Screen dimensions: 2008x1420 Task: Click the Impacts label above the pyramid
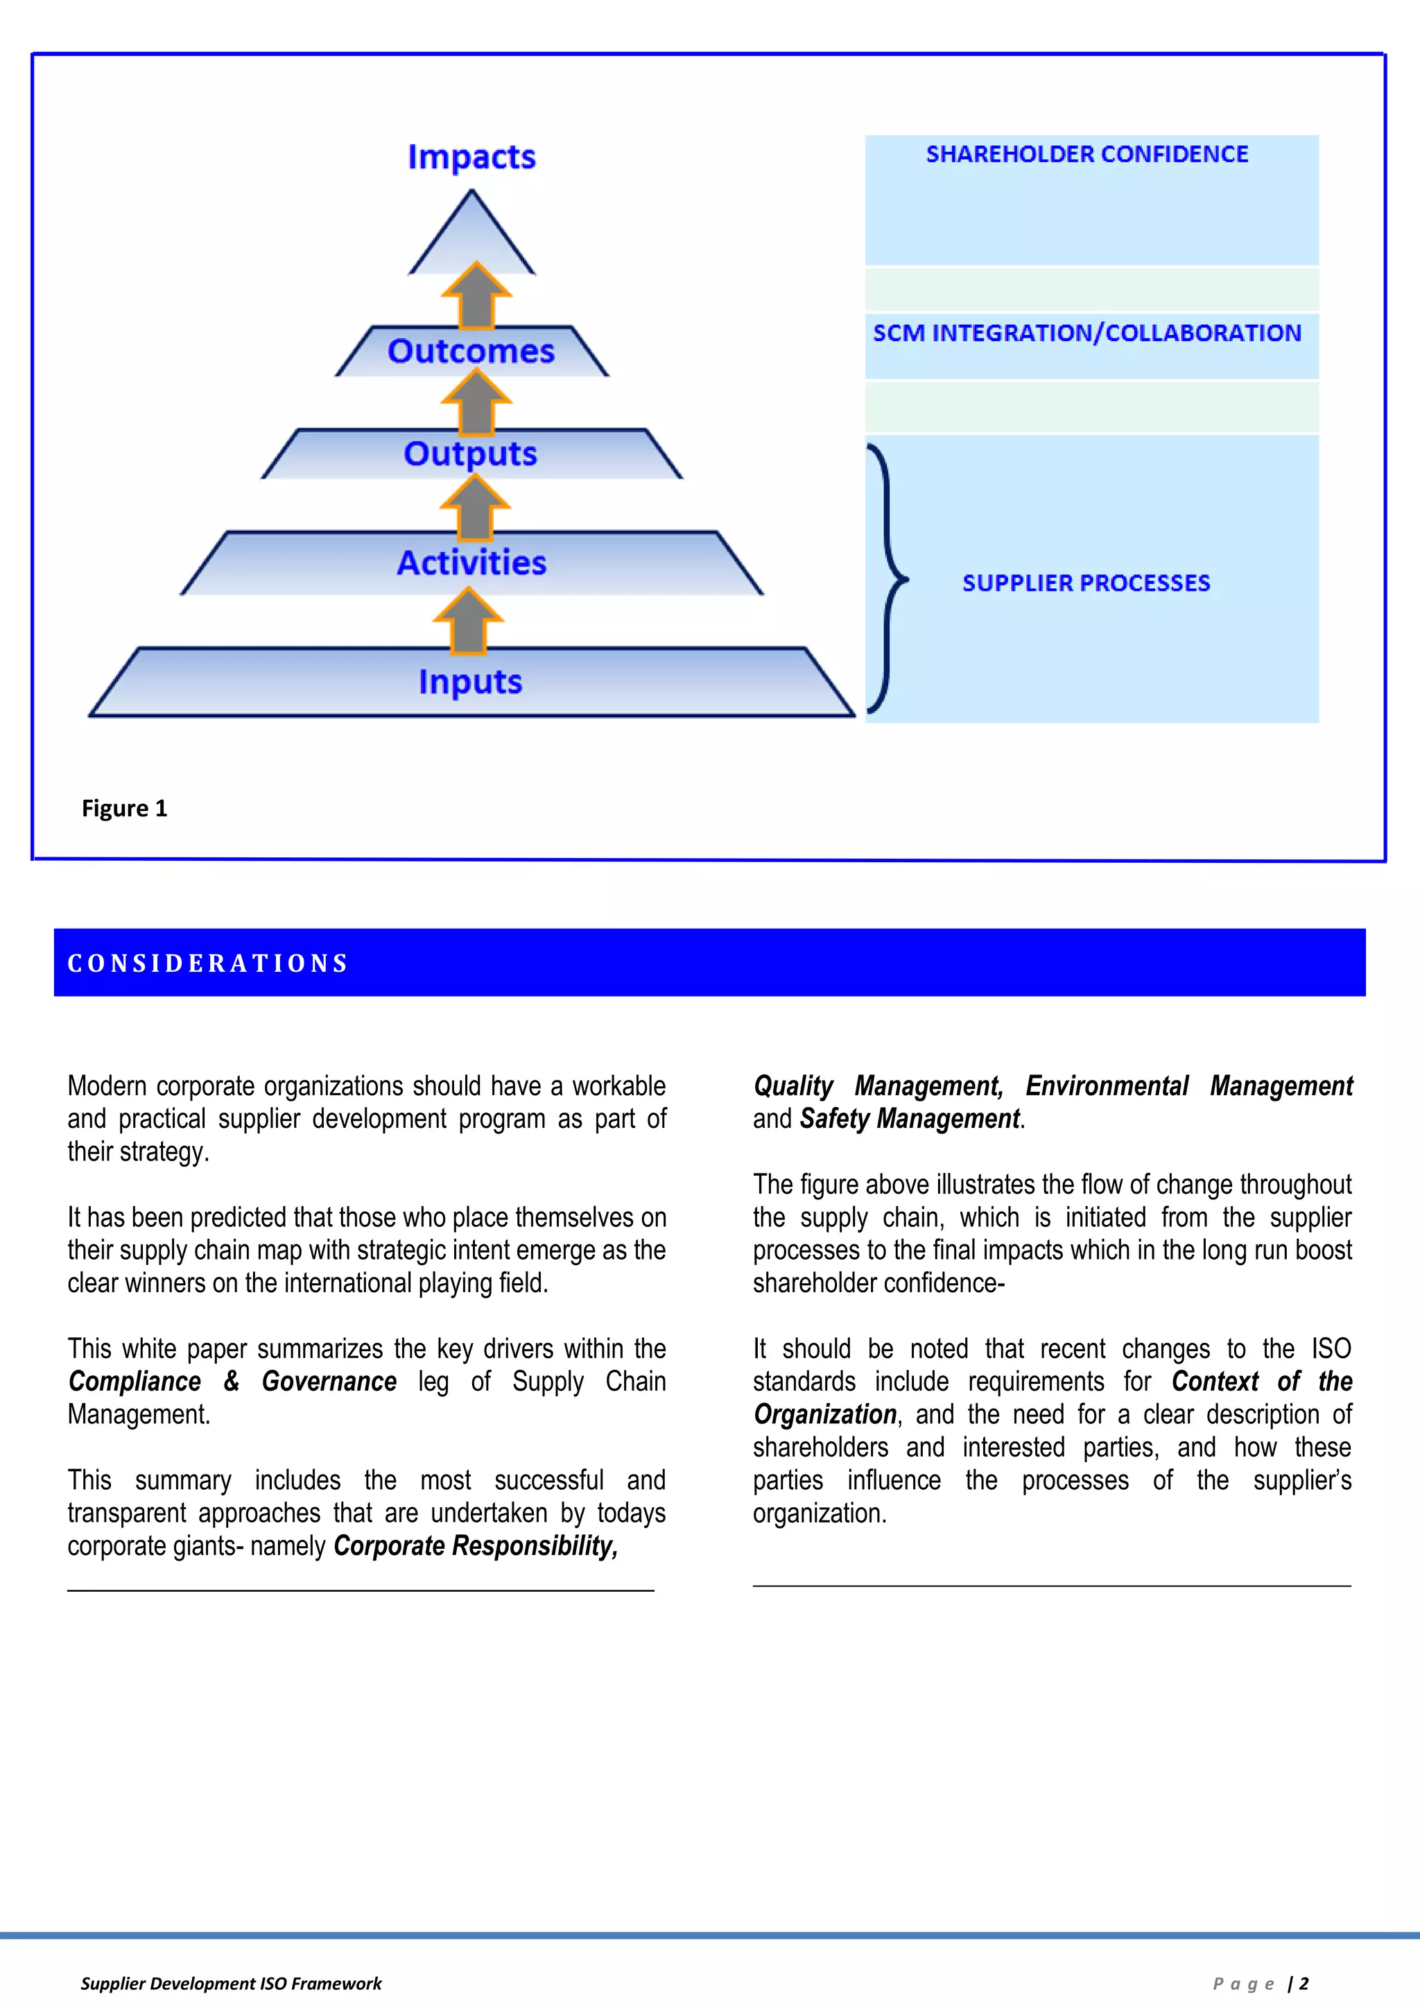(x=471, y=157)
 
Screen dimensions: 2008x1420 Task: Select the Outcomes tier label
(x=471, y=352)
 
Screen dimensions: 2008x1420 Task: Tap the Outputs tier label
(x=470, y=454)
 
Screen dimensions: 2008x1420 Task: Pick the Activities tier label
(x=471, y=563)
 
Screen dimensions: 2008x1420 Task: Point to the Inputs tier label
(x=470, y=682)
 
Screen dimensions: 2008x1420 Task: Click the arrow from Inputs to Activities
(x=469, y=620)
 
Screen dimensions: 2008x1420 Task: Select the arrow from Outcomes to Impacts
(x=476, y=295)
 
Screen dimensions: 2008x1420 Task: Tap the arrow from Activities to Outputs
(x=475, y=507)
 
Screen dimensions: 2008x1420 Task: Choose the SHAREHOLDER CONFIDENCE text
(x=1087, y=155)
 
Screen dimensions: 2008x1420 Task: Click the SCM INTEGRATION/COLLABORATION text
(x=1087, y=333)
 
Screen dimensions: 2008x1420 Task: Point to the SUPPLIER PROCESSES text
(x=1086, y=583)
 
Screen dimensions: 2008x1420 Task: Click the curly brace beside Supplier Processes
(x=887, y=579)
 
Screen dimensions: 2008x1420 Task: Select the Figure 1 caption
(x=124, y=808)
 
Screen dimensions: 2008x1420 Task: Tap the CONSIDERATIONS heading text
(x=208, y=963)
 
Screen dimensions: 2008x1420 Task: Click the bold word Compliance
(x=135, y=1382)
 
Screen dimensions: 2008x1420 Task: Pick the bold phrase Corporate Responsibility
(x=476, y=1546)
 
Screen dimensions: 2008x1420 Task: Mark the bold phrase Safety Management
(x=910, y=1119)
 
